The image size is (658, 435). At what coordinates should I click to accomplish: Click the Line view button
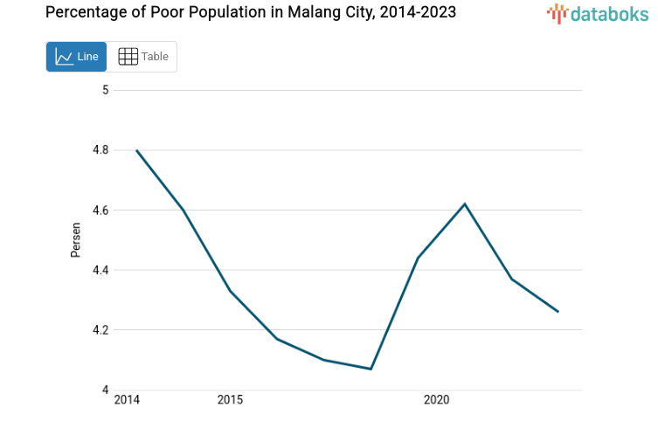coord(76,57)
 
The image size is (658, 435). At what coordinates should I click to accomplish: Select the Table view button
coord(142,57)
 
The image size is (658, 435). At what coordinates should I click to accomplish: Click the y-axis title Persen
coord(77,240)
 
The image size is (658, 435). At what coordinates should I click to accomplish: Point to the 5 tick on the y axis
coord(105,90)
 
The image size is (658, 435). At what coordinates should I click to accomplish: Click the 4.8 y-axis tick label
coord(100,150)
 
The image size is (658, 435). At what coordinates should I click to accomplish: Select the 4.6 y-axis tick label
coord(100,211)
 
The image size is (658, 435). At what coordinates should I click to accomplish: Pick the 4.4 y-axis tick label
coord(100,270)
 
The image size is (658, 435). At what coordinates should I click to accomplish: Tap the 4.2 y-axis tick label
coord(100,330)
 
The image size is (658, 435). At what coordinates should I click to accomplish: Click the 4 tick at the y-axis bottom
coord(105,390)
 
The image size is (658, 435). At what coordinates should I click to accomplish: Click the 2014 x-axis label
coord(127,400)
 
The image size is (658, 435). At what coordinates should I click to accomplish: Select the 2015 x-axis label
coord(230,400)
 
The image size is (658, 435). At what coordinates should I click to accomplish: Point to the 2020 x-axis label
coord(436,400)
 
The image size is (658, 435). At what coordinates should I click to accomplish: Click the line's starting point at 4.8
coord(137,150)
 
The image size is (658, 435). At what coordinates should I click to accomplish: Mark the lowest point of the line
coord(371,369)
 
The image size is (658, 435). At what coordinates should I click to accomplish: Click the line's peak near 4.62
coord(465,204)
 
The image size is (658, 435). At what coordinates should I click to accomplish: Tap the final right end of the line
coord(558,312)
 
